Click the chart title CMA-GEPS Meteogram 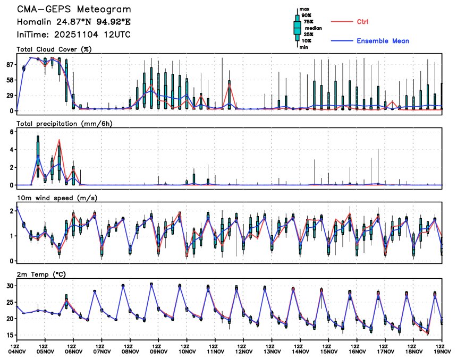pyautogui.click(x=73, y=10)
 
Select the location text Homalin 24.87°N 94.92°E pyautogui.click(x=73, y=22)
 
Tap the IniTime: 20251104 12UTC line pyautogui.click(x=73, y=35)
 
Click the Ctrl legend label pyautogui.click(x=362, y=22)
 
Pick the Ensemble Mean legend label pyautogui.click(x=383, y=41)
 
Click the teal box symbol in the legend pyautogui.click(x=297, y=28)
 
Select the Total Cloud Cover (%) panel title pyautogui.click(x=54, y=50)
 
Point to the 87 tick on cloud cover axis pyautogui.click(x=9, y=65)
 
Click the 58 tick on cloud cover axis pyautogui.click(x=9, y=80)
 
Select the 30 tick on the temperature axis pyautogui.click(x=9, y=286)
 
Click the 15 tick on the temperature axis pyautogui.click(x=9, y=336)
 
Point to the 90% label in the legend pyautogui.click(x=306, y=15)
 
